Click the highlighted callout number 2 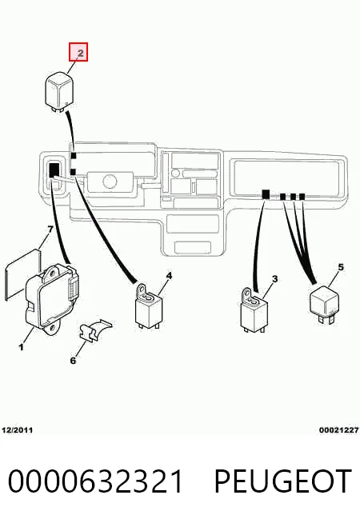pos(78,52)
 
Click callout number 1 pos(22,347)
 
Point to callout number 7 pos(50,230)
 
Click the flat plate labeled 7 pos(23,274)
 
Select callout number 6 pos(73,360)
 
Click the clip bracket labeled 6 pos(94,330)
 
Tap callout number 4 pos(169,276)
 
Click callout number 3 pos(274,278)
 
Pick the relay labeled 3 pos(254,310)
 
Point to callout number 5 pos(341,267)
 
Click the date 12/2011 pos(18,430)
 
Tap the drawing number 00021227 pos(338,430)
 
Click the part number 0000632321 pos(95,481)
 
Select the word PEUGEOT pos(282,481)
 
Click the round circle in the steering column pos(110,181)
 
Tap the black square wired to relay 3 pos(266,194)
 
